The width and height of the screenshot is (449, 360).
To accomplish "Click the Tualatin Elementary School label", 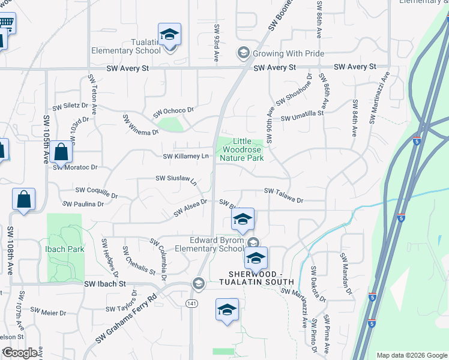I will click(x=126, y=46).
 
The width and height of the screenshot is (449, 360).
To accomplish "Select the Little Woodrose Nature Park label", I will click(x=241, y=149).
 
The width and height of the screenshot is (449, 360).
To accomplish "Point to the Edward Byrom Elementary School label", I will click(x=214, y=244).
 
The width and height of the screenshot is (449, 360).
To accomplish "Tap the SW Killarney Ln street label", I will click(x=185, y=157).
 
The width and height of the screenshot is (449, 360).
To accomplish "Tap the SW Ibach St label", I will click(x=105, y=283).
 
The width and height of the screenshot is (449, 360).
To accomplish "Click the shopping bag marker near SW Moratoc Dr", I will click(x=61, y=152).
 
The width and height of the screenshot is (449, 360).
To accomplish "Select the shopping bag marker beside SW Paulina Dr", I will click(x=23, y=199).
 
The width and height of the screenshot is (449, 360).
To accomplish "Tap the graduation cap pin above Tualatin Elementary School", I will click(x=169, y=35).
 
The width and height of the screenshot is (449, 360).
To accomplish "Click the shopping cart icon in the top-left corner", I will click(x=5, y=23).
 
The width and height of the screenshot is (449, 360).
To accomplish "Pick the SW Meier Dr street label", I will click(x=49, y=311).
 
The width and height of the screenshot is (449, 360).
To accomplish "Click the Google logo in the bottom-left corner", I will click(x=20, y=353).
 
